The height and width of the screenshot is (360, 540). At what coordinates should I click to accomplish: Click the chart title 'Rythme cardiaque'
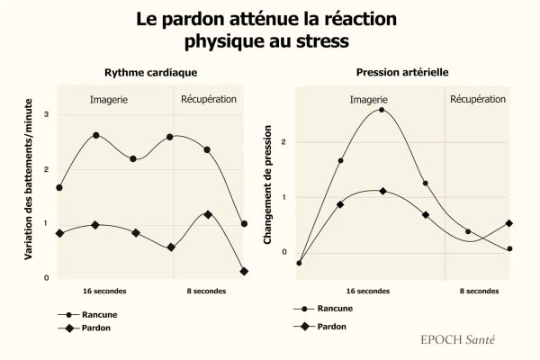point(151,71)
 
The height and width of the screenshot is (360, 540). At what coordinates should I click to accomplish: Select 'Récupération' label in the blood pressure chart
point(478,97)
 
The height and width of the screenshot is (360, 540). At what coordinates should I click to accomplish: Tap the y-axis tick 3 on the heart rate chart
point(47,114)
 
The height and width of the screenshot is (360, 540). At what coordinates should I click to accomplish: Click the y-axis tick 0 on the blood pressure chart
point(283,252)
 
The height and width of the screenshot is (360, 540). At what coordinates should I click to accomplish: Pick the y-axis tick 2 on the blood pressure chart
point(283,142)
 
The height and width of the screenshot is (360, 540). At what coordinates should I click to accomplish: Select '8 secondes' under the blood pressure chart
point(479,291)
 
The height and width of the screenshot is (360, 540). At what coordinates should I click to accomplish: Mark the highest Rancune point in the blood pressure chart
point(382,110)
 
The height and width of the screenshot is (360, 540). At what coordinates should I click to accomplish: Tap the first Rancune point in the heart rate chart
point(59,188)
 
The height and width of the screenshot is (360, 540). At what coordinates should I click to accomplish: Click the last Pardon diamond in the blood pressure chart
point(509,223)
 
